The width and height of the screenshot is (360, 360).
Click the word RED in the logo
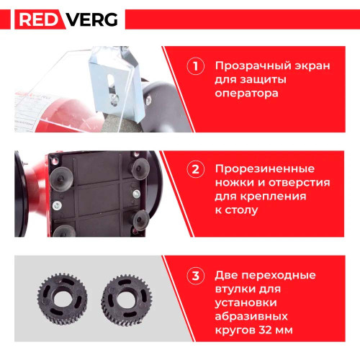38,19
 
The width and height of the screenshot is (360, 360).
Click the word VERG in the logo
92,19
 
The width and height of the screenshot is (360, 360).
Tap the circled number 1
196,66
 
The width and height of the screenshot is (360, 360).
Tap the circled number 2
196,169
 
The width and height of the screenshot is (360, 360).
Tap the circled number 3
196,276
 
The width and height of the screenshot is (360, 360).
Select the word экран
312,66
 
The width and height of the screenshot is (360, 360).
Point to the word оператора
246,94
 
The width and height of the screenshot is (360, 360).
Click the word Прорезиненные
265,169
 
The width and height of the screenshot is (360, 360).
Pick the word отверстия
300,183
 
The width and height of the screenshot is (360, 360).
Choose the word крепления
274,197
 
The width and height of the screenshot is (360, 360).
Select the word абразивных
251,316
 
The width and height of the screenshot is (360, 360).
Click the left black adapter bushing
62,299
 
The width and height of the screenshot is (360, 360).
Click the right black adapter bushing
126,300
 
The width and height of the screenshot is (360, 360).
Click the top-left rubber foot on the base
61,178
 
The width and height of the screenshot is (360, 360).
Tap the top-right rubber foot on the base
140,168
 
